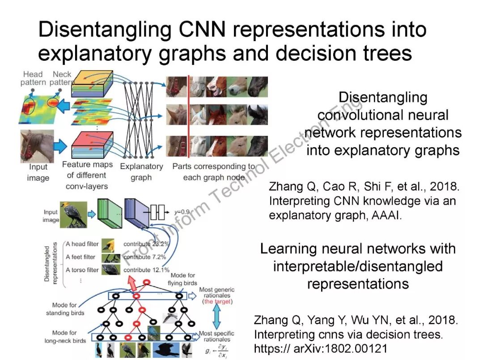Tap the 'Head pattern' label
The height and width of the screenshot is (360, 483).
point(33,78)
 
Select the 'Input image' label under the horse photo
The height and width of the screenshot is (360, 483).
point(38,172)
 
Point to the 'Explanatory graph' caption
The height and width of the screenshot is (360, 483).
point(141,172)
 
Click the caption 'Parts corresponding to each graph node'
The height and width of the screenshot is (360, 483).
point(214,172)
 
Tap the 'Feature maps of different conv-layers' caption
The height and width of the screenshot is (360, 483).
point(87,175)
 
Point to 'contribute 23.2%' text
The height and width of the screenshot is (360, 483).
point(146,244)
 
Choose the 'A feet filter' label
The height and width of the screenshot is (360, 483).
point(80,257)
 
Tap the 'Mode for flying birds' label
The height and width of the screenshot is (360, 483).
point(182,280)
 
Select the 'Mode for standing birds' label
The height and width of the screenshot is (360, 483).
point(65,309)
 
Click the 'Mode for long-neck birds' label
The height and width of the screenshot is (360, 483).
point(65,337)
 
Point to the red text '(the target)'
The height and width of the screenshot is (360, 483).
point(217,302)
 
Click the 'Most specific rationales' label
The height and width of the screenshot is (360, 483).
point(217,336)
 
